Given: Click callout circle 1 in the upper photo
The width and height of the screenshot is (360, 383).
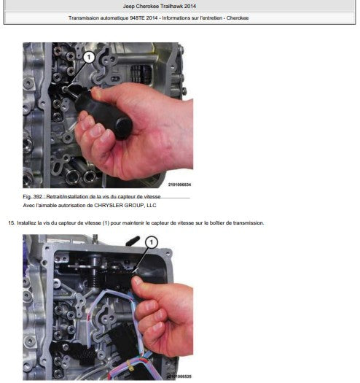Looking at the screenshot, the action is [89, 58].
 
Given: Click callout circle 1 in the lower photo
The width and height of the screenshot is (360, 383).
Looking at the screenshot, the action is [152, 242].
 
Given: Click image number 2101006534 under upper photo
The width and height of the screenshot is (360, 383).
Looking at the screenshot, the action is [179, 185].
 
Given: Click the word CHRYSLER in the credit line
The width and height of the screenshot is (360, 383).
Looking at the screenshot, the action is [109, 206].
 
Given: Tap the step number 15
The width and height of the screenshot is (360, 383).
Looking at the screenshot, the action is [11, 223].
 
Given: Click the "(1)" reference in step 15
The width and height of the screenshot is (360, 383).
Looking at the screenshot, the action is [106, 223].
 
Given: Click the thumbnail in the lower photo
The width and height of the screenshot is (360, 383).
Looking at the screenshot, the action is [137, 281].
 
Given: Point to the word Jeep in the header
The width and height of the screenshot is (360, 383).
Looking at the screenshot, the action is [128, 6].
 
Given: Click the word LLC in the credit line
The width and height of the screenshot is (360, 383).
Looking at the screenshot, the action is [152, 206].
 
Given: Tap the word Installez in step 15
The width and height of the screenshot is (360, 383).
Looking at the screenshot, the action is [26, 223].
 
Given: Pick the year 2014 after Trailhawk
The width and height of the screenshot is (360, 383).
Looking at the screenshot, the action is [190, 6].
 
